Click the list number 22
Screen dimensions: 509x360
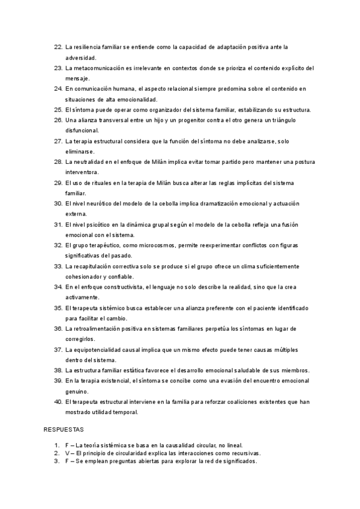(x=58, y=46)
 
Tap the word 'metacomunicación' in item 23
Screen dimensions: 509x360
(x=101, y=67)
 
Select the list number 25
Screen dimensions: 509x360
(x=58, y=110)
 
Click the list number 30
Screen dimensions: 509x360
(x=58, y=203)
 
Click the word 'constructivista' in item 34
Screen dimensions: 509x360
(x=134, y=287)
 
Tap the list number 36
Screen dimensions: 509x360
(x=58, y=328)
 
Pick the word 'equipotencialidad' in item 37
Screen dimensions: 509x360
(x=102, y=349)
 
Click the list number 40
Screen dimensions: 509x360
(x=58, y=402)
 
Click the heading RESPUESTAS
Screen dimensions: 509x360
(x=64, y=430)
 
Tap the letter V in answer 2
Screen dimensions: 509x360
(x=67, y=453)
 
